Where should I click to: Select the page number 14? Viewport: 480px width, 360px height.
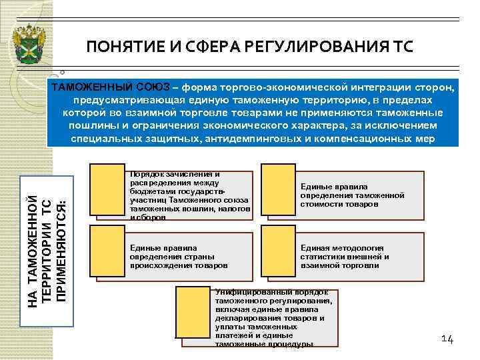(447, 339)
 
